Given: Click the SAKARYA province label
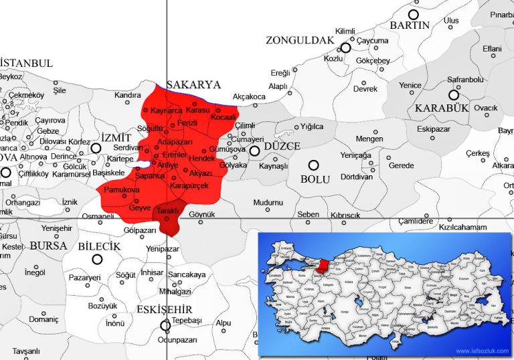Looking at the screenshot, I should click(x=193, y=85).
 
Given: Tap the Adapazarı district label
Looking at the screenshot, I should click(x=176, y=143).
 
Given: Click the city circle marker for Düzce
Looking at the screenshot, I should click(x=254, y=151).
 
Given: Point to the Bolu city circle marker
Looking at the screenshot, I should click(x=313, y=165).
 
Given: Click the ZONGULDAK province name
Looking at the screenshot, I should click(x=299, y=40).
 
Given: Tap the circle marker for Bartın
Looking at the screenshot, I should click(x=414, y=14).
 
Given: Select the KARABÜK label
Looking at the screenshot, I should click(x=439, y=108).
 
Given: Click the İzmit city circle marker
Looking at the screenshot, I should click(x=96, y=149).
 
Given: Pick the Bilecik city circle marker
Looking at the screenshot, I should click(x=98, y=259).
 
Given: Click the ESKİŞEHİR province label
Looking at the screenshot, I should click(x=164, y=309).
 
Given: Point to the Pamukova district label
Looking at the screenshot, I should click(x=121, y=191).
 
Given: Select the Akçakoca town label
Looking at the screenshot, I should click(x=248, y=96).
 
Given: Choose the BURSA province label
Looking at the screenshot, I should click(x=48, y=246).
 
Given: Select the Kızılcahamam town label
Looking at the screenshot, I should click(x=462, y=228).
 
